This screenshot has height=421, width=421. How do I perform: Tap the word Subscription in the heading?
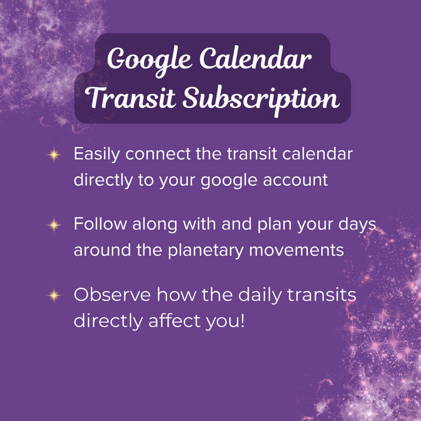click(x=261, y=99)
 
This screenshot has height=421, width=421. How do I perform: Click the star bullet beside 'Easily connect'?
click(x=54, y=155)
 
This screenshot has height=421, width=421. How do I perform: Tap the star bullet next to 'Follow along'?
click(x=54, y=225)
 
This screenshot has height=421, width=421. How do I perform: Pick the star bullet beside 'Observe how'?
click(x=54, y=295)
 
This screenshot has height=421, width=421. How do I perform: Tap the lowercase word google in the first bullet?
click(x=229, y=181)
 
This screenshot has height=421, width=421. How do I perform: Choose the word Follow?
click(x=100, y=224)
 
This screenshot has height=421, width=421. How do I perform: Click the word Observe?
click(x=112, y=294)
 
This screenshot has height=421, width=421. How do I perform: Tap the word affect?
click(x=174, y=320)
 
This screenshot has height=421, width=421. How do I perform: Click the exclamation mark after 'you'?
click(x=243, y=320)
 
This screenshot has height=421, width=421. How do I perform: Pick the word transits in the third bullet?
click(x=322, y=294)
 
